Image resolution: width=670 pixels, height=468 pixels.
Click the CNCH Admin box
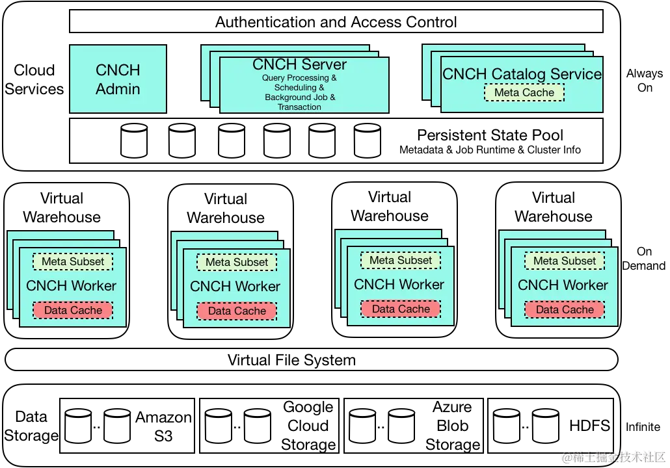118,79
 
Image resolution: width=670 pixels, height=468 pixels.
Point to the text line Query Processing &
299,78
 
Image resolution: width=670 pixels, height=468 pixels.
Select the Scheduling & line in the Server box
299,88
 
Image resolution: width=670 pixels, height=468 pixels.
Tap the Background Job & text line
300,97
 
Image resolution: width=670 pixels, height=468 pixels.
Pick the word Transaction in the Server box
299,107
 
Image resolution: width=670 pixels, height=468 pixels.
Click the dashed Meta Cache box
524,92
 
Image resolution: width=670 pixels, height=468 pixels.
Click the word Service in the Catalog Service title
576,74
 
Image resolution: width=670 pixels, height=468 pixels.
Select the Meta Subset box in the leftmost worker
73,261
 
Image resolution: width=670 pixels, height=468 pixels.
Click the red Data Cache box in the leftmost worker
73,310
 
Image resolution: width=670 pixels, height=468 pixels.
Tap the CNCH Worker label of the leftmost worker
71,285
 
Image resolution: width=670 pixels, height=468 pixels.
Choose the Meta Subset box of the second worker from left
237,262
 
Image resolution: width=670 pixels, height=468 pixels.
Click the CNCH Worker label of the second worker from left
235,286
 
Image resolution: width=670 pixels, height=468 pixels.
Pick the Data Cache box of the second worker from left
237,311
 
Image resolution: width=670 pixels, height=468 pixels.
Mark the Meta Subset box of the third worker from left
401,260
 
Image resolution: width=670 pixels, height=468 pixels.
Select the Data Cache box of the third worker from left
401,309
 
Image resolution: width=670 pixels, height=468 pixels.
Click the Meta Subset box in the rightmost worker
565,261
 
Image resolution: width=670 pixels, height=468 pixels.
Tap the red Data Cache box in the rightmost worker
565,309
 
